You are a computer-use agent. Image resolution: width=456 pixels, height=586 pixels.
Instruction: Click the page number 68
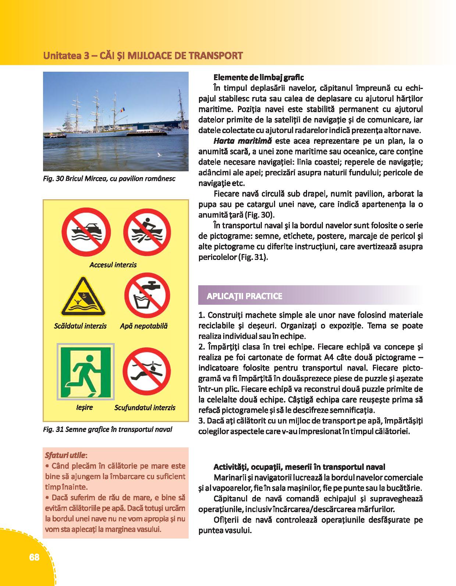click(x=34, y=557)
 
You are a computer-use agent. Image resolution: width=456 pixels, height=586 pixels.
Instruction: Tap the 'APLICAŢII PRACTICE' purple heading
click(x=245, y=296)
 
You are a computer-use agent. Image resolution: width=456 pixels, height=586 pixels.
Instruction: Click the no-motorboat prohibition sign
click(x=84, y=232)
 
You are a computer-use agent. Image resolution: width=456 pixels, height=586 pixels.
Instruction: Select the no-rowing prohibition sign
click(x=146, y=232)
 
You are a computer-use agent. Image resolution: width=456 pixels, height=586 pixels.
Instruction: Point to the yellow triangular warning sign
click(x=84, y=297)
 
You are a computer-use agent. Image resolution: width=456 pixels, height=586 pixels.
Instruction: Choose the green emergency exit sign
click(x=85, y=372)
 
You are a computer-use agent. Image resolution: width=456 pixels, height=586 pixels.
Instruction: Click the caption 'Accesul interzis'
click(x=113, y=265)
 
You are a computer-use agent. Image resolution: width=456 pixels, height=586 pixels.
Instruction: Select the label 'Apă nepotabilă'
click(x=144, y=326)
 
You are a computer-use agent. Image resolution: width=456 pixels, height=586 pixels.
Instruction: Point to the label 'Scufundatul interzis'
click(x=145, y=407)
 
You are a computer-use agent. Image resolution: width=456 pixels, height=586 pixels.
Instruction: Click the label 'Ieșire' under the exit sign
click(x=84, y=407)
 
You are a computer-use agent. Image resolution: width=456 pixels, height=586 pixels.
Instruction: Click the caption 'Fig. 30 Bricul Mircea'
click(x=109, y=179)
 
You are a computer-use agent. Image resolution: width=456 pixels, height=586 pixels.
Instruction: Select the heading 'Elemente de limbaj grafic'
click(x=259, y=78)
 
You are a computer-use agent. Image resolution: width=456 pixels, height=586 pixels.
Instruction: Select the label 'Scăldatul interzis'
click(x=80, y=326)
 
